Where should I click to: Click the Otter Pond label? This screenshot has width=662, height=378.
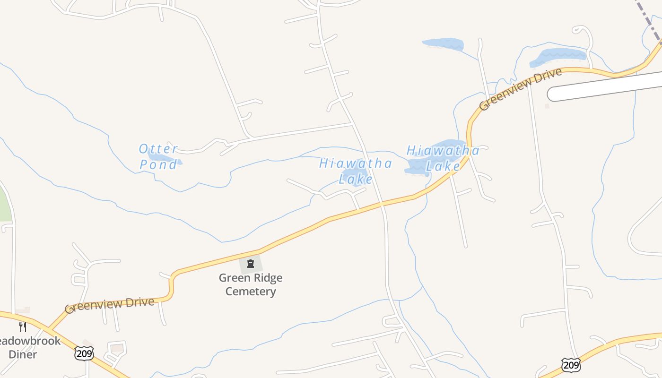coord(158,156)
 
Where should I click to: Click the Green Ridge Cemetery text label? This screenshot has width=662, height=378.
coord(250,284)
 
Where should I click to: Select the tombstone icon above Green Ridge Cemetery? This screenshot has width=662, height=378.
coord(251,264)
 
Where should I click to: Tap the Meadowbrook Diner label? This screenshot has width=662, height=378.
coord(29,348)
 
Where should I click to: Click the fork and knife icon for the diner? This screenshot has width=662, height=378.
coord(22,326)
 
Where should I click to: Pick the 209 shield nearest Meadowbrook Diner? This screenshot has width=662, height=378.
coord(84,352)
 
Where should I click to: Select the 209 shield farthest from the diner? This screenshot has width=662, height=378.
coord(571,364)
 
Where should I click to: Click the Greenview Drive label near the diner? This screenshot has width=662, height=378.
coord(110,305)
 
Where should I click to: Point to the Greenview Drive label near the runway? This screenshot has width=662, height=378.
coord(520,89)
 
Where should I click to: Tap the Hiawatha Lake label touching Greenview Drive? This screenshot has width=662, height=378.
coord(443,158)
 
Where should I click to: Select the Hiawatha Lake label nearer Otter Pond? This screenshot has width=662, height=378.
coord(356,171)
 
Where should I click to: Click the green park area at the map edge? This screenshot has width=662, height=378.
coord(4,203)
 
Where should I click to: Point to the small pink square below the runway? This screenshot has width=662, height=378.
coord(547,106)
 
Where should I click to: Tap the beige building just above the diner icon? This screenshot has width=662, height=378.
coord(22,310)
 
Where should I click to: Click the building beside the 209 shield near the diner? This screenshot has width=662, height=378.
coord(116,349)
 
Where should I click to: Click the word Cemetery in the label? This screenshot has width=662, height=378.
coord(250,291)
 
